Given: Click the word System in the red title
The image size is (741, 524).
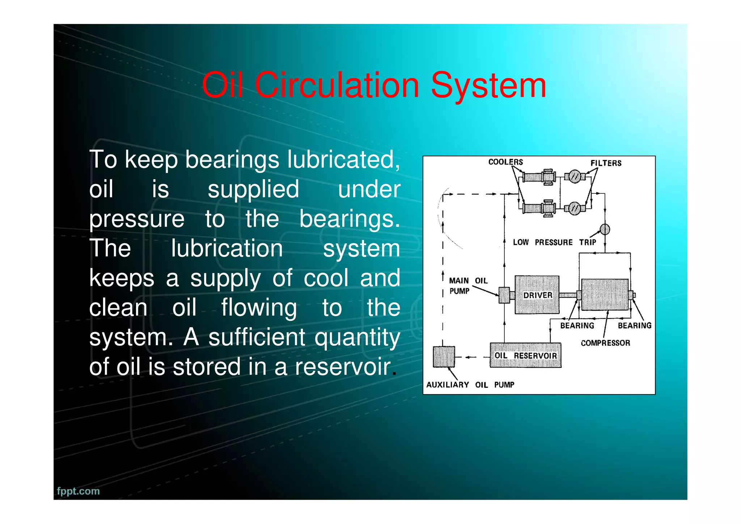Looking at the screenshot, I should tap(488, 85).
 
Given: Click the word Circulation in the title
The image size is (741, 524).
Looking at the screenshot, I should tap(337, 85).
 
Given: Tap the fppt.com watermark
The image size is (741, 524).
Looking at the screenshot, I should tap(78, 491).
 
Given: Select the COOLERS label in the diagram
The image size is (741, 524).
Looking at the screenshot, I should tap(505, 162).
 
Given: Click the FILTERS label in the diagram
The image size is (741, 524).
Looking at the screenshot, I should tap(606, 163).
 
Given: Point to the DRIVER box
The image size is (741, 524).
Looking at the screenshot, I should tap(537, 295).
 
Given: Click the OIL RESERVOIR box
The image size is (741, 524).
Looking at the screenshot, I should tap(525, 355).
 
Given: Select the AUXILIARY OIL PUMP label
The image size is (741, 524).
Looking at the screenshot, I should tap(470, 385).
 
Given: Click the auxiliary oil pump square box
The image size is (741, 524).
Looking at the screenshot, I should tap(444, 357).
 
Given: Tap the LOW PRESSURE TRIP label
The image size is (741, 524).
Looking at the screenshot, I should tap(554, 242).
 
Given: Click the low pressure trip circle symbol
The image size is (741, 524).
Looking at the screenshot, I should tap(605, 229).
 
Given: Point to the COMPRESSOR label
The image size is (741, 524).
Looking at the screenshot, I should tap(605, 343).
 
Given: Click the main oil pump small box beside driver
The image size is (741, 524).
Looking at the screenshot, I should tap(504, 295).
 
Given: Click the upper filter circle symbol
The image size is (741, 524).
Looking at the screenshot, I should tap(575, 177).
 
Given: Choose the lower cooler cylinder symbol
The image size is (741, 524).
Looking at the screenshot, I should tap(533, 208).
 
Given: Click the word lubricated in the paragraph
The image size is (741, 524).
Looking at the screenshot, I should tap(344, 159).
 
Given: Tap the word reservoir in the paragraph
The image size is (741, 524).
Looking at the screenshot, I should tap(343, 366).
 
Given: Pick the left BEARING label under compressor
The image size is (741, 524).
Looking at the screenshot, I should tap(577, 326).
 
